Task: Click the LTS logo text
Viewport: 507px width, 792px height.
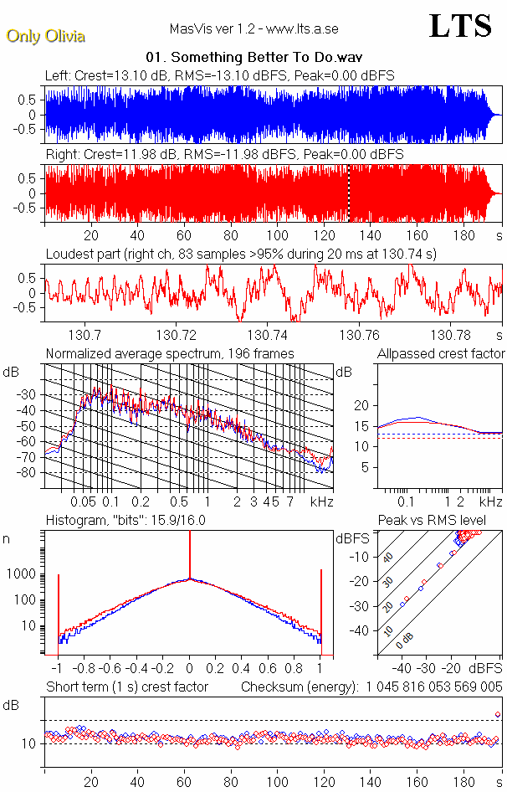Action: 459,26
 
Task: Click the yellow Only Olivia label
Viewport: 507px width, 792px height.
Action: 46,36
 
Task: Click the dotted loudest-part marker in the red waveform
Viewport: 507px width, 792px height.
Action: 348,193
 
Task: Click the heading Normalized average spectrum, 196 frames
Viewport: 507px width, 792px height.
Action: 170,353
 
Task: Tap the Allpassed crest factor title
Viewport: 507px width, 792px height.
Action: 441,353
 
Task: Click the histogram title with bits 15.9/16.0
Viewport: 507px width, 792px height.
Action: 125,520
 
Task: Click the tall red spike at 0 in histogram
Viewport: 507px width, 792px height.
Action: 190,557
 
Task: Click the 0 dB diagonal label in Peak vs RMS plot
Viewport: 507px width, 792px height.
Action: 405,644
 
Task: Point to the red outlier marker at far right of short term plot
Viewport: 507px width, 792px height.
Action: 498,714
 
